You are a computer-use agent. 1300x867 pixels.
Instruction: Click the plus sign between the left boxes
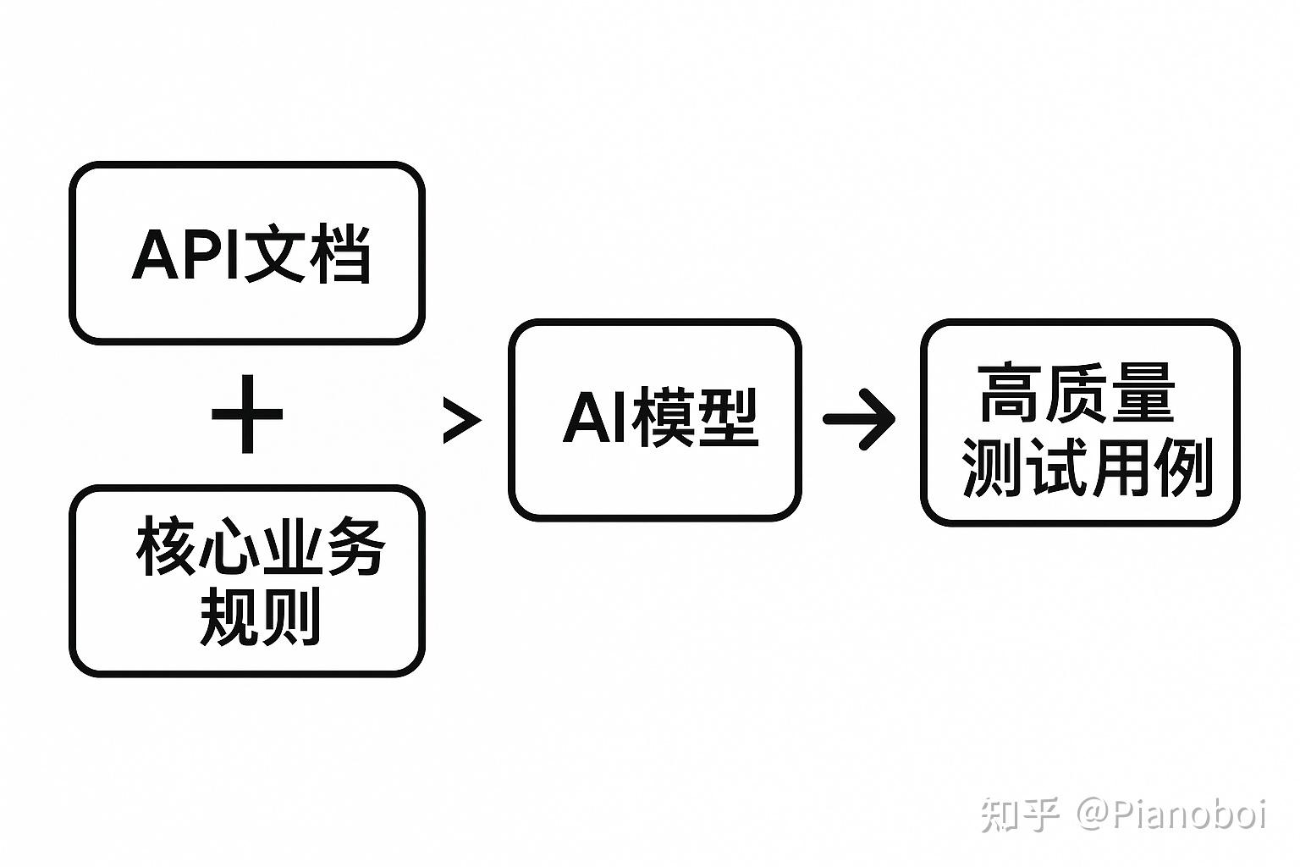(247, 415)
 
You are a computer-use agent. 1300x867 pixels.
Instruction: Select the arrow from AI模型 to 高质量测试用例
(859, 418)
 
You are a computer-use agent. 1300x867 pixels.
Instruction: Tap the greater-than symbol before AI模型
(461, 420)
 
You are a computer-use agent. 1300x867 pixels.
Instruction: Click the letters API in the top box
(187, 254)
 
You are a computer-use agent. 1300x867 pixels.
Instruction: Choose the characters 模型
(695, 417)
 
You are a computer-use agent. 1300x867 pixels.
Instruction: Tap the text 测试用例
(1087, 467)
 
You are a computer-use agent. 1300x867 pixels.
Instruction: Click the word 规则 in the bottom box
(261, 616)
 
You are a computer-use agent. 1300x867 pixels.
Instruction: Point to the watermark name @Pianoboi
(1171, 815)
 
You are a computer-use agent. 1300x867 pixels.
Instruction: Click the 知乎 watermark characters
(1021, 815)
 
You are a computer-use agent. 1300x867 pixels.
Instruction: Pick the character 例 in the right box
(1183, 467)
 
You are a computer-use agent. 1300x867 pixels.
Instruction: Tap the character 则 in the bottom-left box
(293, 616)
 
